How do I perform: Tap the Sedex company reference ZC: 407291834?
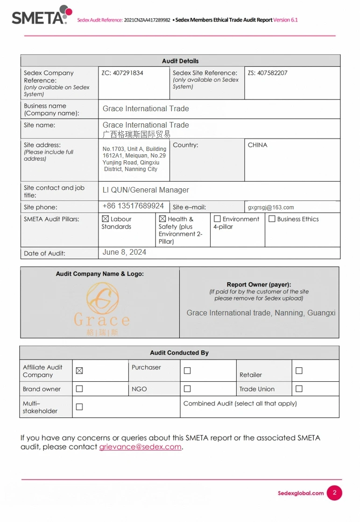(x=122, y=73)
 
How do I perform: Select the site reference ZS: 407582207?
(x=268, y=73)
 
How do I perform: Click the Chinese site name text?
(x=136, y=134)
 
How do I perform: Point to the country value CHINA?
(x=257, y=145)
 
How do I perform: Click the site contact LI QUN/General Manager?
(x=146, y=190)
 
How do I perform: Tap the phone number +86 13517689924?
(x=133, y=206)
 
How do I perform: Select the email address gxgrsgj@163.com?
(x=271, y=207)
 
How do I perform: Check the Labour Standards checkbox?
(x=105, y=219)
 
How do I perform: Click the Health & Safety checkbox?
(x=162, y=219)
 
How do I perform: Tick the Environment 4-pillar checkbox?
(x=217, y=219)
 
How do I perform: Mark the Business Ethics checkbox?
(x=272, y=219)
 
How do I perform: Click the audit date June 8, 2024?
(x=124, y=252)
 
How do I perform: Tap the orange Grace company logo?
(x=102, y=306)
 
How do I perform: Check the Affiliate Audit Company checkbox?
(x=79, y=371)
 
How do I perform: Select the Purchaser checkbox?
(x=187, y=371)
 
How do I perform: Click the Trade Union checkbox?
(x=299, y=389)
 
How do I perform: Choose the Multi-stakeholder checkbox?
(x=79, y=407)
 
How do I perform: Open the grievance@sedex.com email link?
(x=140, y=447)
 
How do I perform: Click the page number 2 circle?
(x=334, y=493)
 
